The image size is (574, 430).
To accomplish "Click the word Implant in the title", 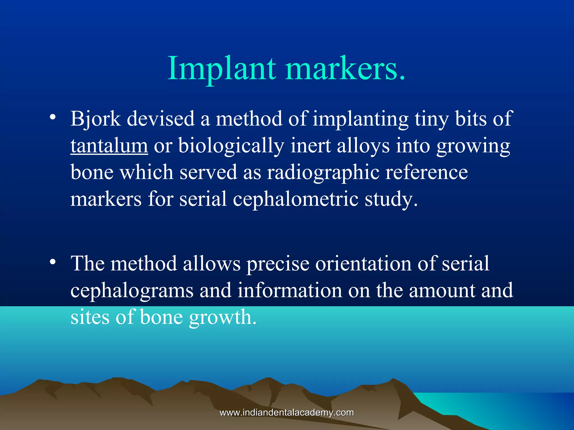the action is click(x=221, y=69).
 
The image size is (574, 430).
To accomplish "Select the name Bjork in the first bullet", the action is click(x=96, y=119).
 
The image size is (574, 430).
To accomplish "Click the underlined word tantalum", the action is click(x=109, y=146).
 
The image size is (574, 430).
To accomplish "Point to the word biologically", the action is click(x=231, y=146).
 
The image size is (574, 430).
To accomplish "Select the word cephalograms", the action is click(x=132, y=290).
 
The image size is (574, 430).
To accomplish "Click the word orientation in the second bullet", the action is click(x=363, y=263).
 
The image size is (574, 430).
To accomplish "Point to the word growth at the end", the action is click(x=223, y=317).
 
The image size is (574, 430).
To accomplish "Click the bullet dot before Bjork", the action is click(x=52, y=117).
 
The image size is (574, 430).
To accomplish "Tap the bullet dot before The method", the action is click(x=52, y=262).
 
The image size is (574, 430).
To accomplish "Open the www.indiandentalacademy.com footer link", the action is click(x=287, y=413).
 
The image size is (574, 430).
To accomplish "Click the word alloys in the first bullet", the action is click(x=363, y=146).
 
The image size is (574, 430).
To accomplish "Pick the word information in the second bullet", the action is click(x=290, y=290).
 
